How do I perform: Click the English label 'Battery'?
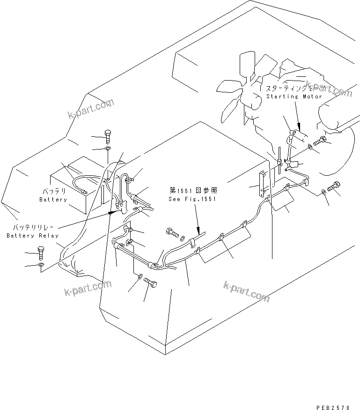pyautogui.click(x=53, y=200)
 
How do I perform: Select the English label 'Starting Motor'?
pyautogui.click(x=294, y=97)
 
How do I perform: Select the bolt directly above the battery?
pyautogui.click(x=108, y=137)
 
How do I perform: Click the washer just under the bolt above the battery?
pyautogui.click(x=108, y=149)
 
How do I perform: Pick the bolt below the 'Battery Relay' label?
pyautogui.click(x=41, y=253)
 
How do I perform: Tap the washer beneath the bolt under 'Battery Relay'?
pyautogui.click(x=42, y=266)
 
